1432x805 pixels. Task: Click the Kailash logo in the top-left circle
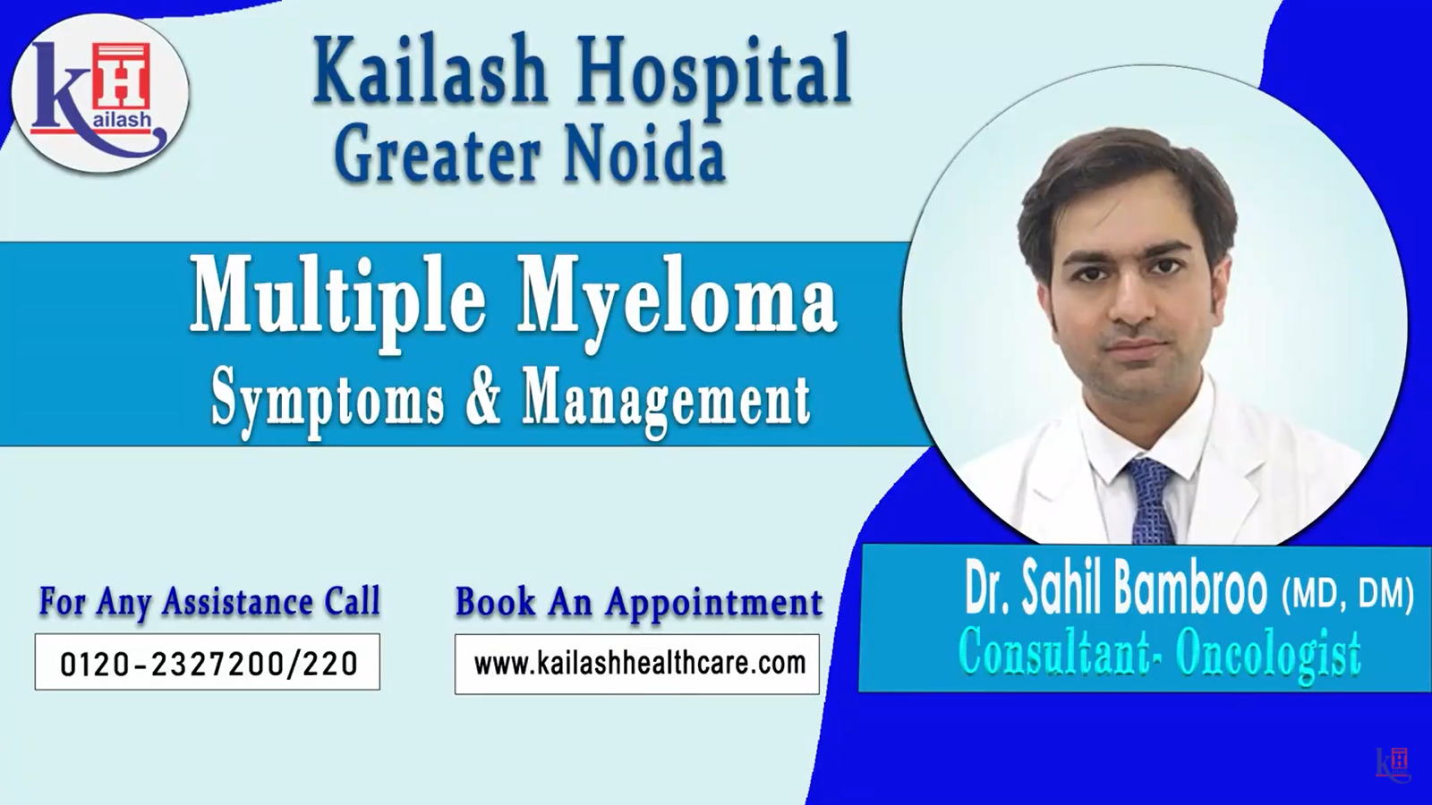[99, 94]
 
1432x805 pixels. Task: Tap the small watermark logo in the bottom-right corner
[1393, 765]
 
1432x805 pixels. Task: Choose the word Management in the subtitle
[666, 402]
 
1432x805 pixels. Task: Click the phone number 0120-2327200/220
[209, 663]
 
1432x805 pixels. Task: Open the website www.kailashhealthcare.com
[639, 663]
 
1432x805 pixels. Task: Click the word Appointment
[714, 603]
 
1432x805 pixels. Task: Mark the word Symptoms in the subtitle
[328, 402]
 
